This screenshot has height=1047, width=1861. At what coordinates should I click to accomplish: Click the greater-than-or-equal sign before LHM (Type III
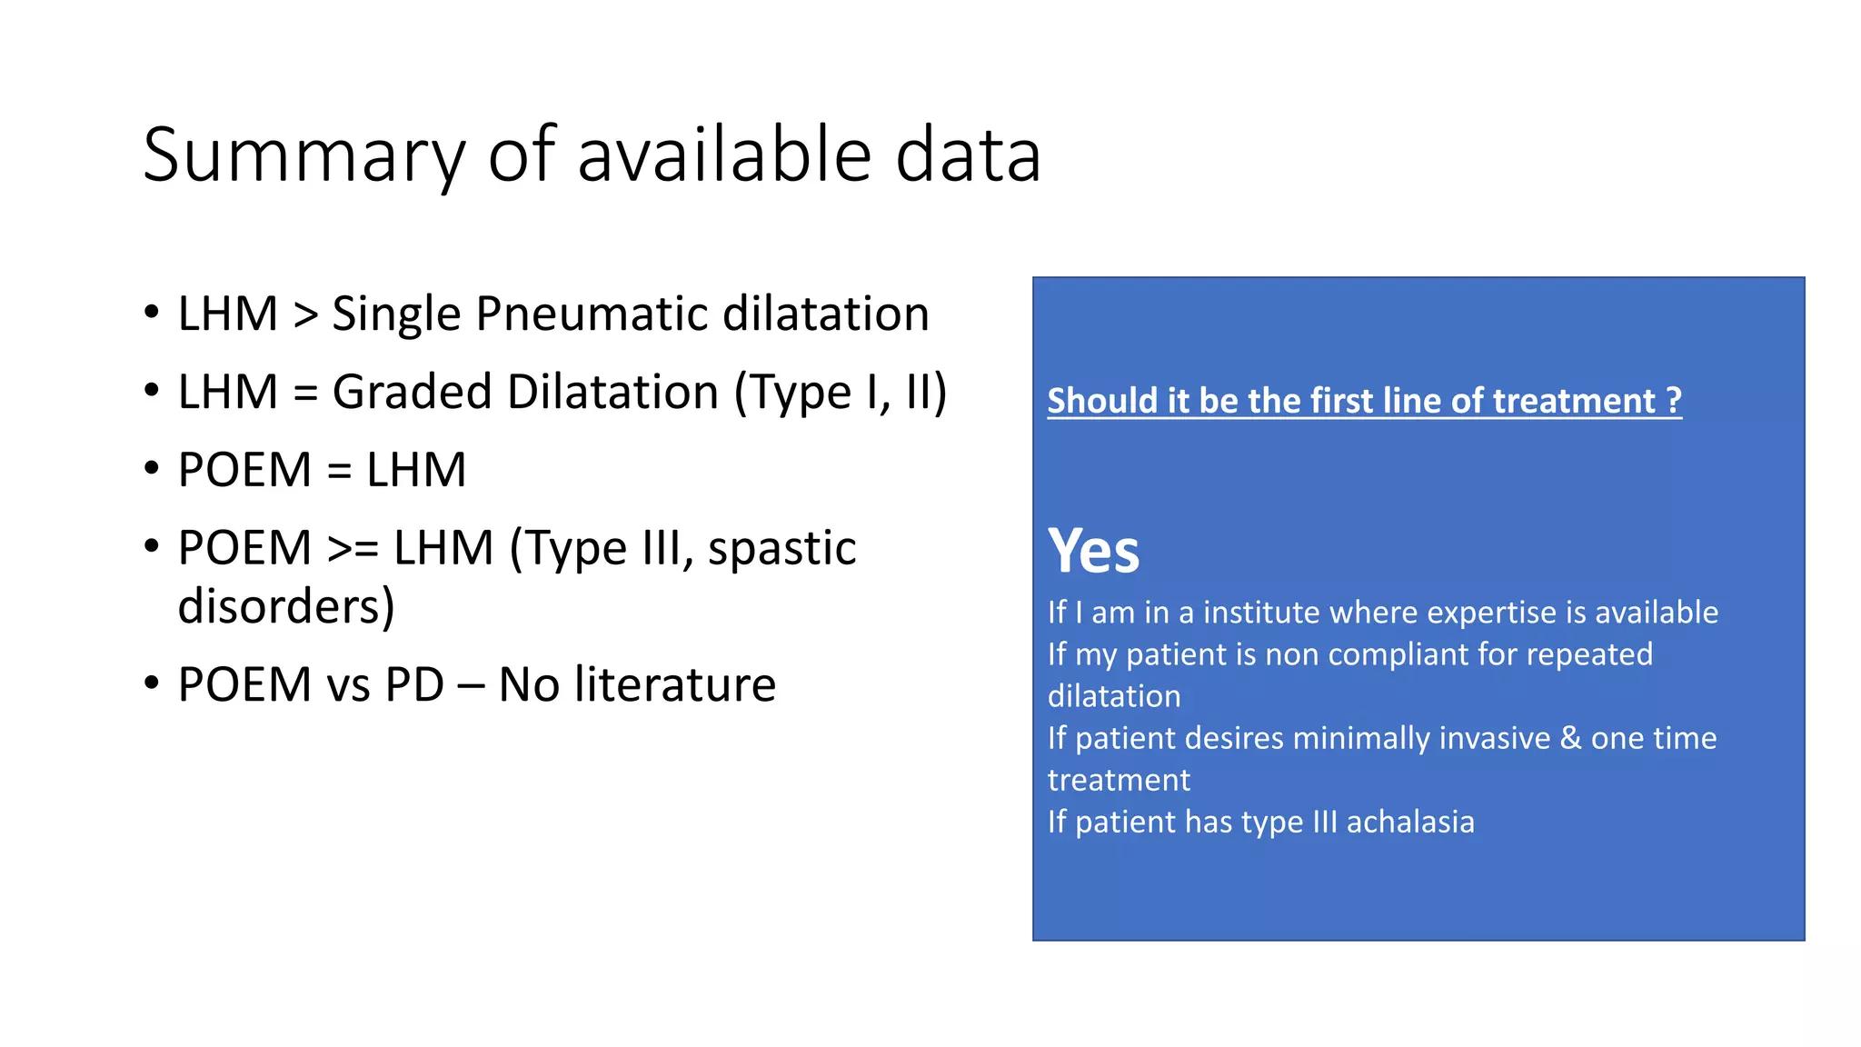click(x=353, y=548)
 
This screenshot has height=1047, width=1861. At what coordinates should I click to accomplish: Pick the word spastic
click(x=781, y=548)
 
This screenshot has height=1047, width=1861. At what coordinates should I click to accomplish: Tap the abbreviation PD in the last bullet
click(x=414, y=684)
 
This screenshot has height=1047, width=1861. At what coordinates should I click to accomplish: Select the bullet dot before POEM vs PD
click(x=151, y=683)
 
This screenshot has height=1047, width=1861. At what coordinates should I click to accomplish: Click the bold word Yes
click(x=1093, y=551)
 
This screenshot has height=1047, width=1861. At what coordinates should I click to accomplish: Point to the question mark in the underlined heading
click(x=1674, y=401)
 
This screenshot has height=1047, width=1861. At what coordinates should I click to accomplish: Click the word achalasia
click(x=1410, y=822)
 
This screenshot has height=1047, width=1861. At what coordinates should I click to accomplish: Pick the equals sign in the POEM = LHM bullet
click(x=339, y=471)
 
